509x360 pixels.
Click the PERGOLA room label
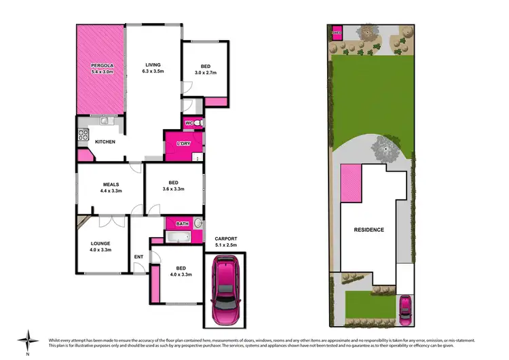point(100,66)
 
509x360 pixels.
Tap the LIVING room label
point(152,65)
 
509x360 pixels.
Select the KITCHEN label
point(105,142)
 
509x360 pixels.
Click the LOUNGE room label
point(100,243)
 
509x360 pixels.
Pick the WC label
point(190,122)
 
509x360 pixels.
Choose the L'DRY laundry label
point(183,144)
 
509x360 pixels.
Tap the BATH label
point(182,223)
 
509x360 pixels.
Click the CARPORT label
point(225,239)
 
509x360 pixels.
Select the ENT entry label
point(138,256)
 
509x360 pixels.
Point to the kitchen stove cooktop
point(82,134)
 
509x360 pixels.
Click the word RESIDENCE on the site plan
point(369,230)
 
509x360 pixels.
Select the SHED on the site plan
point(336,32)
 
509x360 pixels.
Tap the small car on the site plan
point(404,308)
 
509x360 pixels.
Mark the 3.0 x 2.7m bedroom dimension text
point(204,71)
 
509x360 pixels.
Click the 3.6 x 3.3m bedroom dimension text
point(173,190)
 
